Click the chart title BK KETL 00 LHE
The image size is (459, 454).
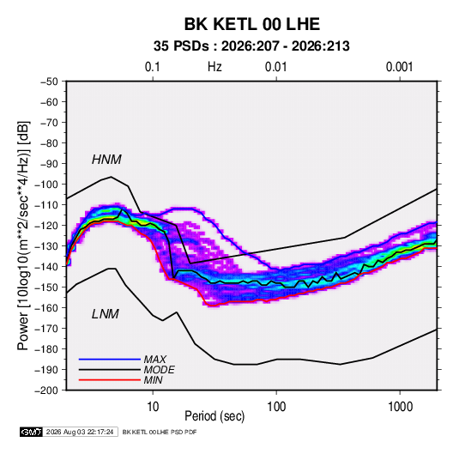point(251,24)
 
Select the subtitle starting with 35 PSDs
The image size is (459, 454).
point(251,46)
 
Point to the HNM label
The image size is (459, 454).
point(106,160)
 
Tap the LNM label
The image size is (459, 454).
point(106,314)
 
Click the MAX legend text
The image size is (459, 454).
point(154,359)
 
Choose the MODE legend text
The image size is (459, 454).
point(160,370)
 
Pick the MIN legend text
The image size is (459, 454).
point(153,380)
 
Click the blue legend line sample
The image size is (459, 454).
point(110,359)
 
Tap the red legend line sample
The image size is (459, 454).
point(110,380)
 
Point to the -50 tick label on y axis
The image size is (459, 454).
point(49,82)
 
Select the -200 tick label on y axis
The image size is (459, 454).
point(46,390)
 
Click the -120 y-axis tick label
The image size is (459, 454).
point(46,226)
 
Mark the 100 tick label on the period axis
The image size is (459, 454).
point(276,407)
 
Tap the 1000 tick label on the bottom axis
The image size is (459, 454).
point(400,407)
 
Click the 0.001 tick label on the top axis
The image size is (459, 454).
point(399,67)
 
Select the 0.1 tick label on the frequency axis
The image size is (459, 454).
point(153,67)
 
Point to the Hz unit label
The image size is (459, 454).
point(214,67)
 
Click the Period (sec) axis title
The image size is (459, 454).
point(214,416)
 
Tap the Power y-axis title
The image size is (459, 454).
point(23,235)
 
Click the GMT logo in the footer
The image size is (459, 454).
point(32,432)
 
